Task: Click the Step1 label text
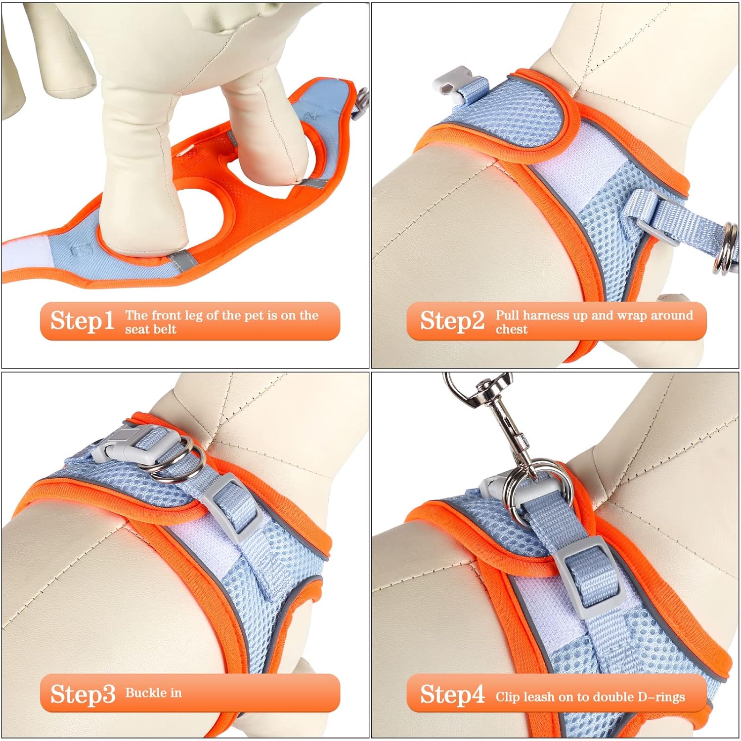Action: (x=82, y=321)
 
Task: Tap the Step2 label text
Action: (x=452, y=321)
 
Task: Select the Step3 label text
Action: (x=83, y=694)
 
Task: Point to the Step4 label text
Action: (x=452, y=694)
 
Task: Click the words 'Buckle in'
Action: (x=153, y=693)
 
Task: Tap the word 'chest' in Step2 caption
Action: (x=512, y=329)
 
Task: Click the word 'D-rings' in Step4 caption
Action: (x=661, y=697)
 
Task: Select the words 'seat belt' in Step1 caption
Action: (x=150, y=329)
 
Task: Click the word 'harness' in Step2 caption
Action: (x=546, y=315)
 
